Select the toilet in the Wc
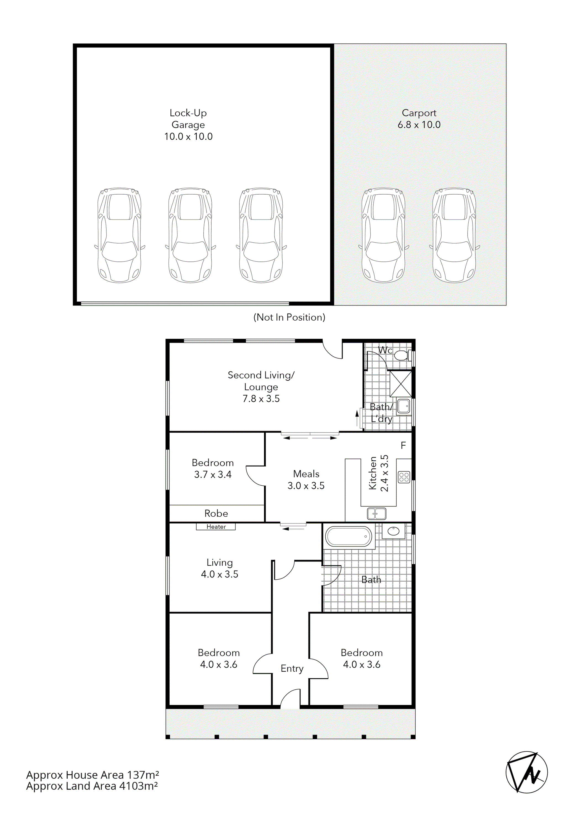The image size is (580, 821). (x=402, y=355)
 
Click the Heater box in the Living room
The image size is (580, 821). (x=216, y=527)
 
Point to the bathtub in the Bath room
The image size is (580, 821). (x=349, y=536)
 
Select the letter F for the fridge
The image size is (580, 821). (x=403, y=445)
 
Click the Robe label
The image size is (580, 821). (x=216, y=514)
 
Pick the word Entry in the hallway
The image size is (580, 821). (x=292, y=668)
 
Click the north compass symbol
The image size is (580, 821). (x=526, y=772)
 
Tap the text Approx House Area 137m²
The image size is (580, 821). (x=92, y=775)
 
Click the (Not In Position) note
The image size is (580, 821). (x=289, y=317)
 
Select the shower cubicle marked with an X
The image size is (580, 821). (x=400, y=384)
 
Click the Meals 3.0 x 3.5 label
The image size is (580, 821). (x=306, y=480)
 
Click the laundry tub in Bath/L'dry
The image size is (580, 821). (x=404, y=406)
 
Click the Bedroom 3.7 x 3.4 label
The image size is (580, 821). (x=213, y=469)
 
